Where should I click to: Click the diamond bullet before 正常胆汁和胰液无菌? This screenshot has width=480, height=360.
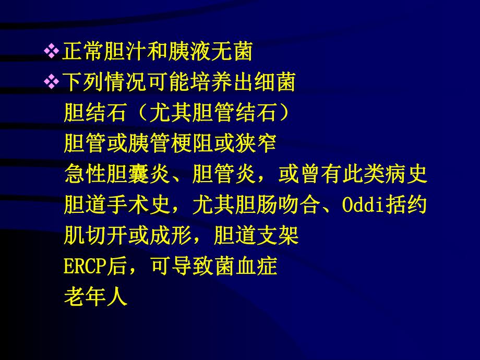pos(52,51)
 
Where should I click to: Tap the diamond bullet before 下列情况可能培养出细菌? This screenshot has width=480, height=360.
pos(52,81)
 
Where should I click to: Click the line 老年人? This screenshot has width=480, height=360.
pos(95,298)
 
